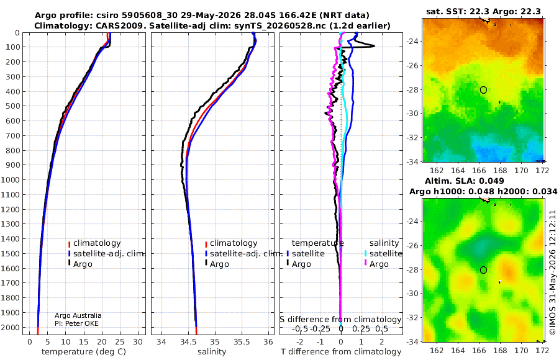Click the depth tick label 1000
click(11, 179)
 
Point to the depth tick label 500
click(13, 106)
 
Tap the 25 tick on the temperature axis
click(120, 342)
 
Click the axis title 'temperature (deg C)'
click(84, 352)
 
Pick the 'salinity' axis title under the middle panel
click(212, 352)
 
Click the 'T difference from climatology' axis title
click(341, 352)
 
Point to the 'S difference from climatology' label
click(340, 320)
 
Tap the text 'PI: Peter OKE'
click(76, 323)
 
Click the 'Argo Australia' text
click(78, 315)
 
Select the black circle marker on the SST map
click(483, 90)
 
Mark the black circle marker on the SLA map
click(483, 270)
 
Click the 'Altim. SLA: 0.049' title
click(464, 181)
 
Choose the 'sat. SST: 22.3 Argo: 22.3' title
click(483, 11)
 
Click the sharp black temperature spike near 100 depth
click(373, 46)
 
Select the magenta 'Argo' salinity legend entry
click(376, 264)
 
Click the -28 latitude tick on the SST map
click(411, 90)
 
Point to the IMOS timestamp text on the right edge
click(553, 272)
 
